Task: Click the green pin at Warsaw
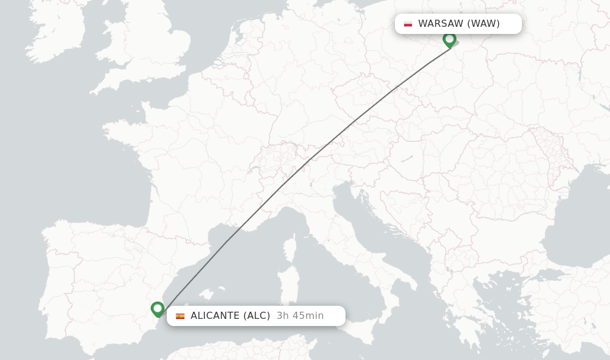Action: (x=449, y=39)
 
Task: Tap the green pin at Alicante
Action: (x=157, y=309)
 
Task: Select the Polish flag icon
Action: (x=408, y=24)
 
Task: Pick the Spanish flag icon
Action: (x=180, y=316)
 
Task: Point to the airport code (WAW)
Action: (x=483, y=24)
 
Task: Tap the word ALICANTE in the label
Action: (x=214, y=316)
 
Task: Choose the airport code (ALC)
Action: (x=256, y=316)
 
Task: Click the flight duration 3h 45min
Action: (x=300, y=316)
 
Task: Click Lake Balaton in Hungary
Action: (x=407, y=159)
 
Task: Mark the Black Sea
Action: (x=572, y=221)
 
